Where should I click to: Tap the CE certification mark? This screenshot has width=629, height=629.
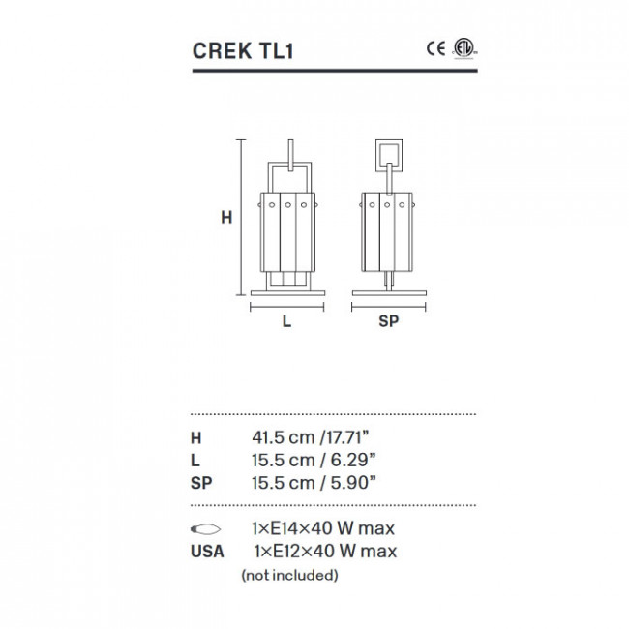coord(436,47)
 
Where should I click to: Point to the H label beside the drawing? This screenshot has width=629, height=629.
coord(225,219)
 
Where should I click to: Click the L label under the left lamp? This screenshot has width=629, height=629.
coord(286,323)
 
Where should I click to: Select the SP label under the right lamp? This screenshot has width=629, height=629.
coord(389,323)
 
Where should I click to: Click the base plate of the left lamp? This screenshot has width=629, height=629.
coord(286,292)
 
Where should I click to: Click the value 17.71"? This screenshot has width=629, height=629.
coord(345,437)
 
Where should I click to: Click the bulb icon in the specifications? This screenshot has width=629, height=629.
coord(206,529)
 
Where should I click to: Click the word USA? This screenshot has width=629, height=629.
coord(208,552)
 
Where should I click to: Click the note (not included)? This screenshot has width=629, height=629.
coord(289,575)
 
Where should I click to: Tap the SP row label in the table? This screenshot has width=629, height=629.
coord(203,482)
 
